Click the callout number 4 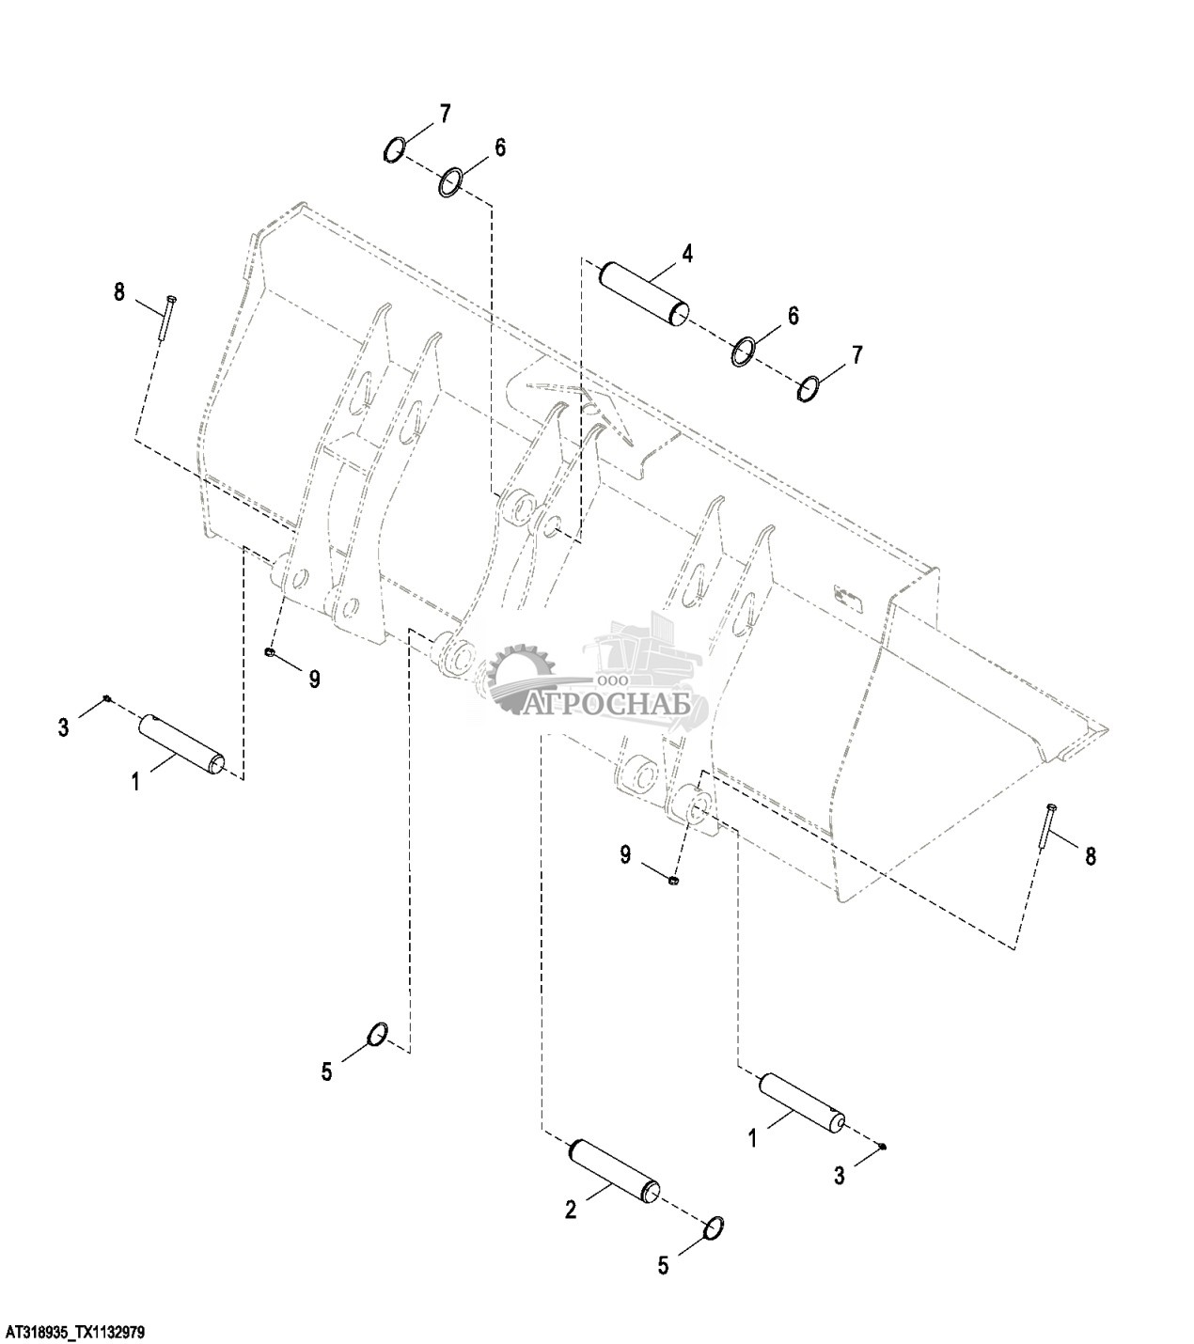[687, 253]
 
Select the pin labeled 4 [645, 294]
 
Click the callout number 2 [571, 1211]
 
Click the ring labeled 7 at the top [395, 148]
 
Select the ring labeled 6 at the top [451, 181]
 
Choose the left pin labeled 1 [182, 745]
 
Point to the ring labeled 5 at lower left [376, 1033]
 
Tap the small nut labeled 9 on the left [270, 651]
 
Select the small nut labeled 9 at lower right [674, 880]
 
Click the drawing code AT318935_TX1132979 [75, 1333]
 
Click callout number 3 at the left [63, 727]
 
